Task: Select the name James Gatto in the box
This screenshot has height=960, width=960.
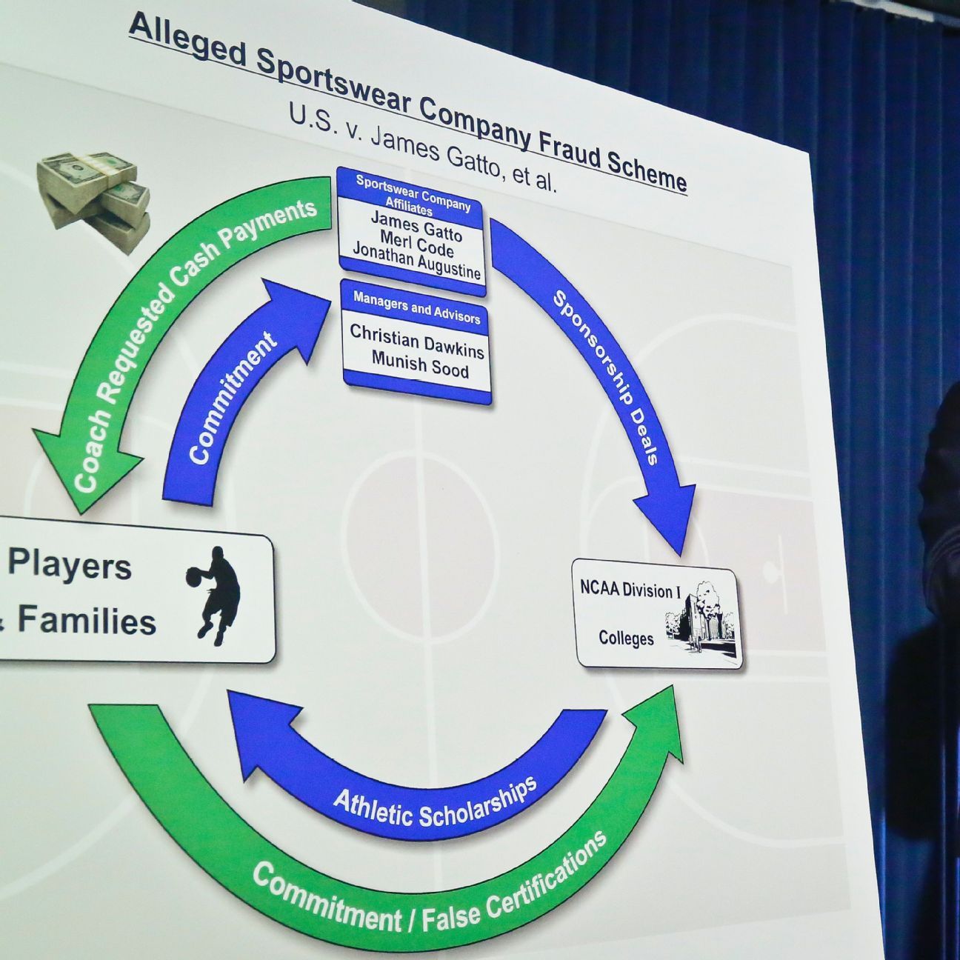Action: click(416, 227)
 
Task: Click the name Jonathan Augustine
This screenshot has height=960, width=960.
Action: click(416, 261)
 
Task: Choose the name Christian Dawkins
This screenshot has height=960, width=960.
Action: click(417, 341)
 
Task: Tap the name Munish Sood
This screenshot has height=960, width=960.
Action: click(420, 364)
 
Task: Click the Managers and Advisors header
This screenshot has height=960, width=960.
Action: click(416, 307)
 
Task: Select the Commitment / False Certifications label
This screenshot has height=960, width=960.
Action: click(430, 889)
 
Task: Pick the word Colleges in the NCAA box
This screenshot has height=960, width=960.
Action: click(626, 638)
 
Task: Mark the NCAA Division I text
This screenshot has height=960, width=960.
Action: click(630, 590)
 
